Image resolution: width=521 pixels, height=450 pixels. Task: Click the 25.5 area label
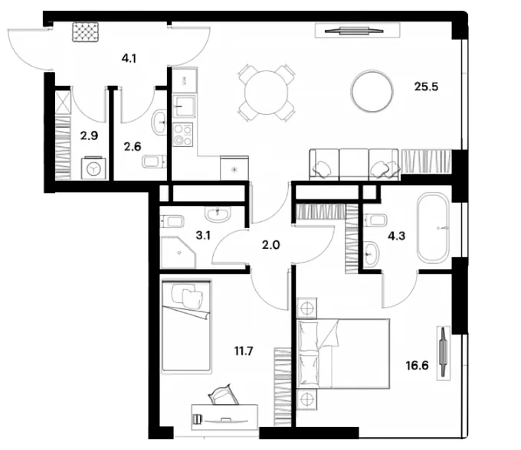pyautogui.click(x=426, y=86)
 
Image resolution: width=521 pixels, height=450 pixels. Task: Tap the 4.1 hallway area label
pyautogui.click(x=129, y=59)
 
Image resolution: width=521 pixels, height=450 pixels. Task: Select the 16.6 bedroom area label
pyautogui.click(x=417, y=366)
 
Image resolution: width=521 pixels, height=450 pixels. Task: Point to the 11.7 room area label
pyautogui.click(x=244, y=351)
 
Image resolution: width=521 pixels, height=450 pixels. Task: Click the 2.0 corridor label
pyautogui.click(x=270, y=245)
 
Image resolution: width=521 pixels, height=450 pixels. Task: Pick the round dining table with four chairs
pyautogui.click(x=267, y=93)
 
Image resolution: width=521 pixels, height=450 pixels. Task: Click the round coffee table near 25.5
pyautogui.click(x=372, y=90)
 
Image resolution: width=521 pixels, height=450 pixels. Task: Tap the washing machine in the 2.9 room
pyautogui.click(x=93, y=168)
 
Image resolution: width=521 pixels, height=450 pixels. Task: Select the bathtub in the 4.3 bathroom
pyautogui.click(x=434, y=228)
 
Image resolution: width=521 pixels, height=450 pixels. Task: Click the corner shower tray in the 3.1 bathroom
pyautogui.click(x=177, y=253)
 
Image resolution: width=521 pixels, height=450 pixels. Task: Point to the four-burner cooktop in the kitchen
pyautogui.click(x=183, y=135)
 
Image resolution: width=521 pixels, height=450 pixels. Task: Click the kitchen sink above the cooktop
pyautogui.click(x=184, y=106)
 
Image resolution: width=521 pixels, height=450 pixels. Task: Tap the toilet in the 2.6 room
pyautogui.click(x=154, y=161)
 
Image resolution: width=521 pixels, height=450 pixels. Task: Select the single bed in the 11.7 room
pyautogui.click(x=186, y=326)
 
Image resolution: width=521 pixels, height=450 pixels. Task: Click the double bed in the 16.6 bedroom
pyautogui.click(x=343, y=354)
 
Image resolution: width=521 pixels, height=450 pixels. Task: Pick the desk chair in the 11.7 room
pyautogui.click(x=223, y=395)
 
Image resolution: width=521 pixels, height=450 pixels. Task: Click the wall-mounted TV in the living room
pyautogui.click(x=354, y=31)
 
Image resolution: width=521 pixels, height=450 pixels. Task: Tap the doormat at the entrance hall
pyautogui.click(x=86, y=32)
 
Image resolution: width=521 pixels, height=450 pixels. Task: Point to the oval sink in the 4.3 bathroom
pyautogui.click(x=371, y=254)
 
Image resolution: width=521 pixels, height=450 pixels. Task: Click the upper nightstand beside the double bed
pyautogui.click(x=306, y=308)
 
